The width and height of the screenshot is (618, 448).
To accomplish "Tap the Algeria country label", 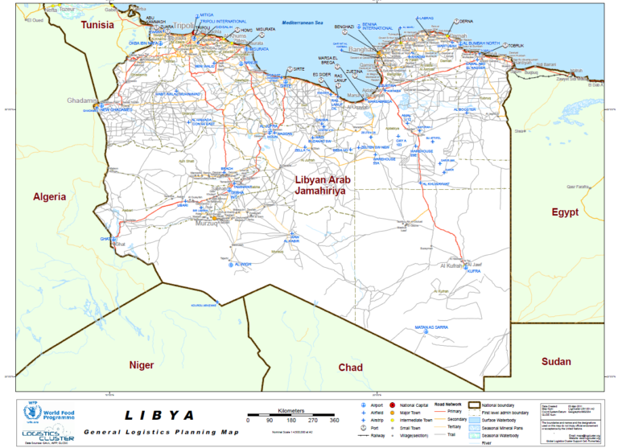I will pyautogui.click(x=49, y=196).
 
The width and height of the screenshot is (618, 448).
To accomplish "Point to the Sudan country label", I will pyautogui.click(x=555, y=362).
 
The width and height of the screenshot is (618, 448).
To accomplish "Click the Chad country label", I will pyautogui.click(x=350, y=368).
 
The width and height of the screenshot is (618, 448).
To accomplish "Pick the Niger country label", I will pyautogui.click(x=142, y=365).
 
